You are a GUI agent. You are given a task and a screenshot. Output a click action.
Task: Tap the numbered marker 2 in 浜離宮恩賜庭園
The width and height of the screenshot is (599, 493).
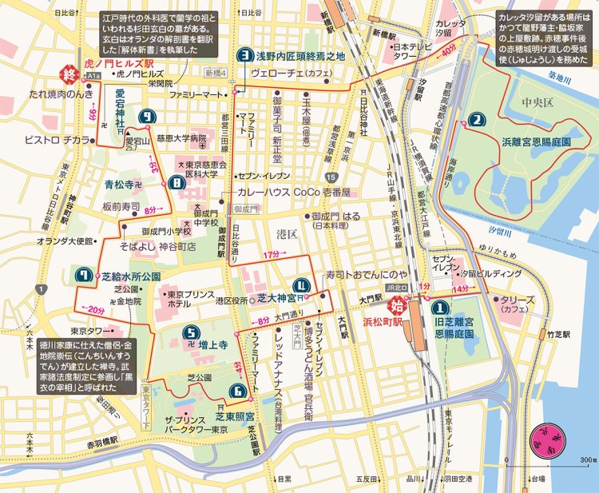pos(477,121)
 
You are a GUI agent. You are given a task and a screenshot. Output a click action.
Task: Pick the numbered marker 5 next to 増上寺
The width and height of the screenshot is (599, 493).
pos(188,334)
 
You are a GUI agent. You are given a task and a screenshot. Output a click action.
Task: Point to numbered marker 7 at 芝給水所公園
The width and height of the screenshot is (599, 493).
pos(83,276)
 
